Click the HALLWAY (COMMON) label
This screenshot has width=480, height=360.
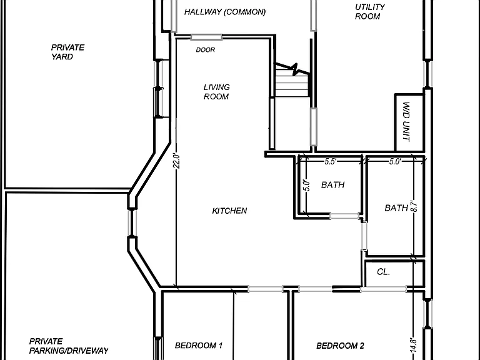[x=225, y=12]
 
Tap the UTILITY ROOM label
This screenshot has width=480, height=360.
[x=370, y=12]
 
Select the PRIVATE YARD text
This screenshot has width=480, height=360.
[x=67, y=52]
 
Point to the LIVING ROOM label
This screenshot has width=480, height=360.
[x=216, y=92]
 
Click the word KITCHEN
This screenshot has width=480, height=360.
[x=229, y=211]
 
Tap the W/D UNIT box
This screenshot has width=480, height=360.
[x=409, y=122]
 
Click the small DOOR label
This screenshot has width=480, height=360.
[x=206, y=49]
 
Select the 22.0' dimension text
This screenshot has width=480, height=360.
[x=176, y=161]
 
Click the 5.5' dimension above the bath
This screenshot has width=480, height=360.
[x=331, y=161]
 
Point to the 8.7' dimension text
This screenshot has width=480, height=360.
[x=414, y=206]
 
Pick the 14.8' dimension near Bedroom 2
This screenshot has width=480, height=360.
[x=413, y=345]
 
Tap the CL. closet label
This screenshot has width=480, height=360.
[x=383, y=271]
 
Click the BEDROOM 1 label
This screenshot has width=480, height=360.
[x=199, y=346]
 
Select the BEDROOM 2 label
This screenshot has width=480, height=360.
[x=340, y=346]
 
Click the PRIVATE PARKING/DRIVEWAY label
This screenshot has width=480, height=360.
[x=69, y=346]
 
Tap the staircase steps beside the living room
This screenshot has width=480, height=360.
[x=292, y=82]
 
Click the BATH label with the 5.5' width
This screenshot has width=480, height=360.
[x=332, y=185]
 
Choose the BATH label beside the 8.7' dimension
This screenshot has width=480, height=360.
[x=396, y=208]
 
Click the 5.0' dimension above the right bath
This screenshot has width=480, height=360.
[x=395, y=161]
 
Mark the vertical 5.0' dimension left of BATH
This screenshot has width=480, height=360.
[x=307, y=186]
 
